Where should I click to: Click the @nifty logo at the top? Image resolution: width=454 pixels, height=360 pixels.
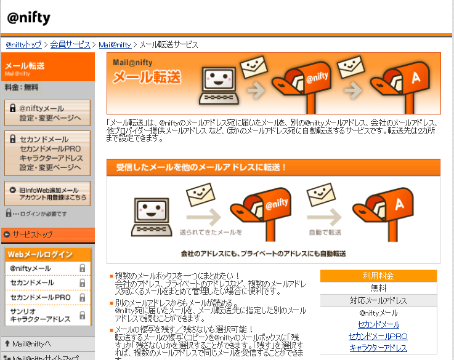pyautogui.click(x=29, y=17)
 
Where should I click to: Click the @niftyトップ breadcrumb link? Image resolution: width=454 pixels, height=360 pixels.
pyautogui.click(x=24, y=45)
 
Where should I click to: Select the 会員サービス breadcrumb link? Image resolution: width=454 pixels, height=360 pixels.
pyautogui.click(x=70, y=45)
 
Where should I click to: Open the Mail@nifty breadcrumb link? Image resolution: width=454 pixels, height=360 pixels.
pyautogui.click(x=115, y=45)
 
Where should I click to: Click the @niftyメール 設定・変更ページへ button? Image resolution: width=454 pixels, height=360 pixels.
pyautogui.click(x=47, y=113)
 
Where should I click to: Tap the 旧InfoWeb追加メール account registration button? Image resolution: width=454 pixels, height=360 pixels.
pyautogui.click(x=47, y=194)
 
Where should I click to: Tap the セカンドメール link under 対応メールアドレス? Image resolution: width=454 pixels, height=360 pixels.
pyautogui.click(x=378, y=324)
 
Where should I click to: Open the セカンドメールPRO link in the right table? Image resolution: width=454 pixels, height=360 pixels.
pyautogui.click(x=378, y=336)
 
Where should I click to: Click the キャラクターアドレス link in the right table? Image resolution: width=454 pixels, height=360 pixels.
pyautogui.click(x=378, y=348)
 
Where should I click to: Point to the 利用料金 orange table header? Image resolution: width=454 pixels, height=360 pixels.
pyautogui.click(x=378, y=276)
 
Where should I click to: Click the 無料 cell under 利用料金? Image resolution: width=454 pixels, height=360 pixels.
pyautogui.click(x=378, y=288)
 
